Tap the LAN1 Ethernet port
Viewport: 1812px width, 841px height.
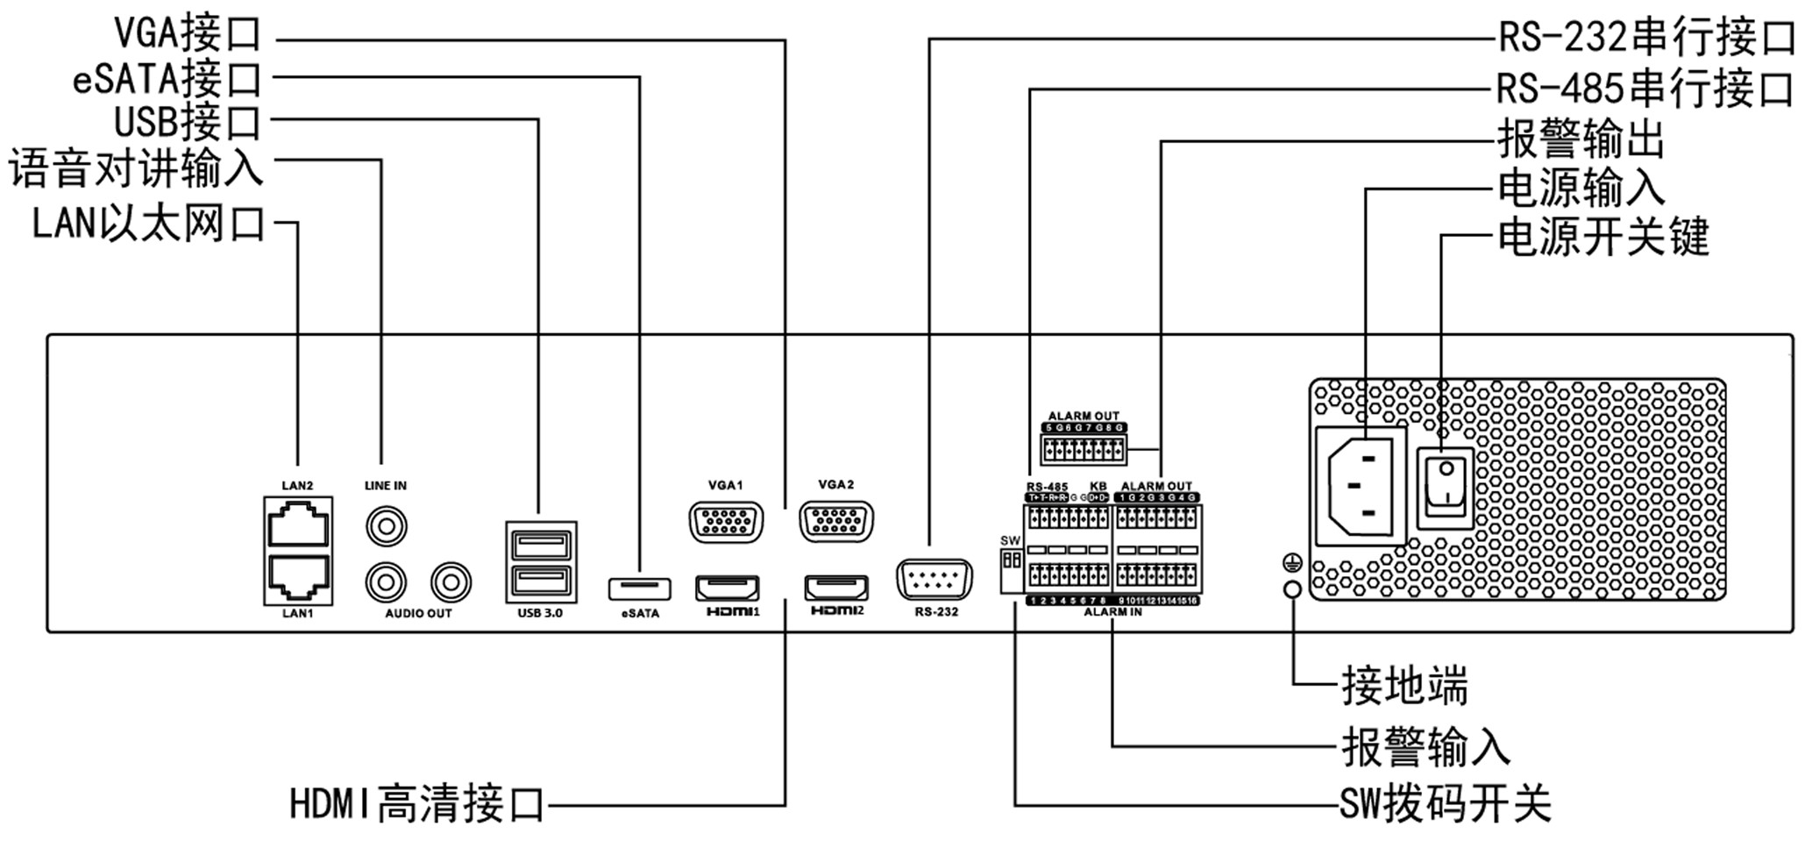[x=298, y=576]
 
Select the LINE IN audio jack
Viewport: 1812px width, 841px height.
[x=386, y=528]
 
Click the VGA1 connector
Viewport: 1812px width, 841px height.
[x=726, y=524]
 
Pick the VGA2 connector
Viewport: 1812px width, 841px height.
[x=836, y=522]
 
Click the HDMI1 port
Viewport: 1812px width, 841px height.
[x=727, y=588]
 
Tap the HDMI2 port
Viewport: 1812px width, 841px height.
[x=836, y=587]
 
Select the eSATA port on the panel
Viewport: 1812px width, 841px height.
[x=639, y=588]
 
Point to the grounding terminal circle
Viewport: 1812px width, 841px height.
[x=1292, y=589]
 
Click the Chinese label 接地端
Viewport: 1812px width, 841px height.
[x=1404, y=685]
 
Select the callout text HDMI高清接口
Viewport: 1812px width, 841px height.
[x=417, y=803]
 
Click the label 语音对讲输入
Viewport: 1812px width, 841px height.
[x=136, y=167]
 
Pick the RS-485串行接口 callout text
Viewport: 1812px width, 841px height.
[x=1645, y=89]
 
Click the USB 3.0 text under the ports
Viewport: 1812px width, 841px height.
[x=540, y=613]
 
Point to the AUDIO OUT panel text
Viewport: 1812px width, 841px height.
[x=418, y=614]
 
